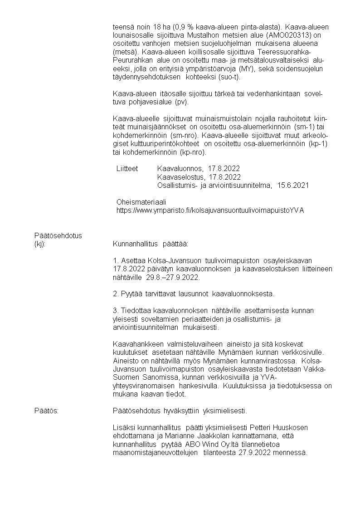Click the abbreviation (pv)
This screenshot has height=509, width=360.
pyautogui.click(x=185, y=102)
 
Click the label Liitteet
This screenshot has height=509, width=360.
pyautogui.click(x=127, y=168)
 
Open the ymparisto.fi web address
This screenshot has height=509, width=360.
pyautogui.click(x=210, y=210)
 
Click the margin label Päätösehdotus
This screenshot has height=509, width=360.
pyautogui.click(x=58, y=235)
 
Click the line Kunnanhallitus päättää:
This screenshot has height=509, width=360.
pyautogui.click(x=150, y=244)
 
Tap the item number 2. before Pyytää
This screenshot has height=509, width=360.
pyautogui.click(x=116, y=294)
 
